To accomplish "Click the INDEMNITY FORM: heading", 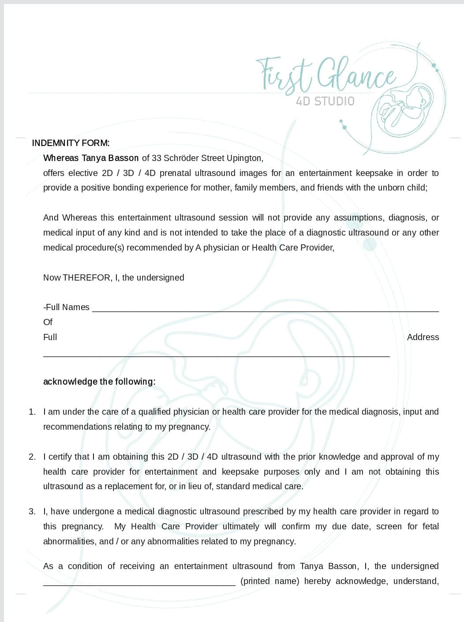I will click(71, 143).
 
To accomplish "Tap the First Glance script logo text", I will click(326, 74).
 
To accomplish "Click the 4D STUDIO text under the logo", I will click(325, 101).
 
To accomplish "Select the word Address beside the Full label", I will click(423, 337).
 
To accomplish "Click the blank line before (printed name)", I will click(139, 583).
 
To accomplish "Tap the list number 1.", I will click(32, 412).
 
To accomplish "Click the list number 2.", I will click(32, 457).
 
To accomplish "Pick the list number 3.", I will click(32, 512).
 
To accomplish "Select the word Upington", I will click(244, 158).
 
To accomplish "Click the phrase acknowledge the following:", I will click(99, 382).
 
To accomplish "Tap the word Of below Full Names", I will click(48, 322).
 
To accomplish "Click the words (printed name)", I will click(269, 581).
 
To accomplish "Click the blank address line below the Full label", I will click(216, 355).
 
